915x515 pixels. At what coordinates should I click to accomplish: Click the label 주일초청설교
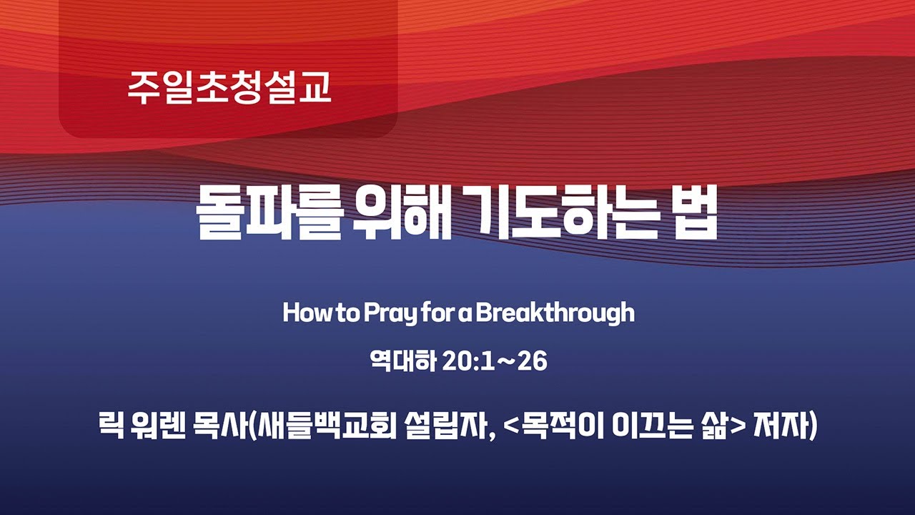[x=229, y=87]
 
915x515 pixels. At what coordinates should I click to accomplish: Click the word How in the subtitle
[x=303, y=313]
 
